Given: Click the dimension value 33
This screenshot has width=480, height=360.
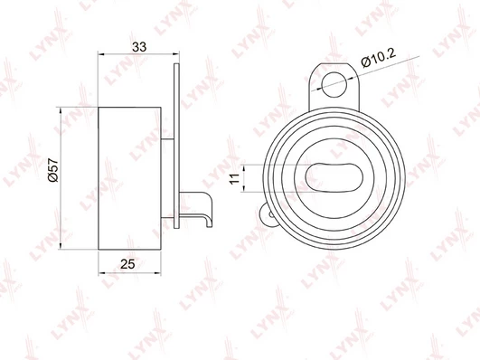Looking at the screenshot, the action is [x=139, y=47].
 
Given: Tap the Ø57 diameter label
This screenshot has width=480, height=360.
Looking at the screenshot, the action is [x=53, y=170].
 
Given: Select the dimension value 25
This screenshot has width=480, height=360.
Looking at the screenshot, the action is [x=127, y=264].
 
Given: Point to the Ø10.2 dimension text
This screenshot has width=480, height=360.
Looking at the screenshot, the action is [x=379, y=57].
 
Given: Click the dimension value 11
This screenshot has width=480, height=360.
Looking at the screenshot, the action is [x=234, y=178].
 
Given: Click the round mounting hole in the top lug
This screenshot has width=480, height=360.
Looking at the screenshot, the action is [x=334, y=84].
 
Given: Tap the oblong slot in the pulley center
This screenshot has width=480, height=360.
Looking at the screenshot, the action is [x=334, y=177].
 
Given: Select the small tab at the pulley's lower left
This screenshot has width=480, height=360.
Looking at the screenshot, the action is [x=267, y=214].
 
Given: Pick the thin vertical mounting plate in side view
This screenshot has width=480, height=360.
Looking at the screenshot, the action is [x=176, y=146].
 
